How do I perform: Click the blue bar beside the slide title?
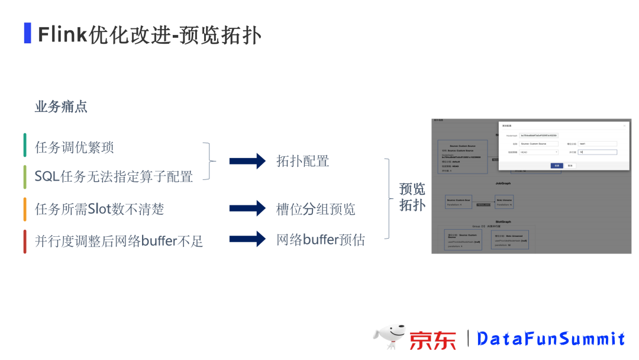[27, 33]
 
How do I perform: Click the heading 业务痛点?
[61, 107]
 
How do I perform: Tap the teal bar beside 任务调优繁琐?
[25, 146]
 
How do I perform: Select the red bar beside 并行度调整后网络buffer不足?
[25, 241]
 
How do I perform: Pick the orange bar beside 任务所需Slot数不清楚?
[25, 209]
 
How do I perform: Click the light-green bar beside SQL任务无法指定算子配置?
[25, 176]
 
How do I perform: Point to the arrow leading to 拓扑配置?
[247, 160]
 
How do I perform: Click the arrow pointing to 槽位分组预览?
[247, 208]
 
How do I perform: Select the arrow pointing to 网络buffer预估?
[247, 239]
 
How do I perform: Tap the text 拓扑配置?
[302, 161]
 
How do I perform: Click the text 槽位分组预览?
[315, 209]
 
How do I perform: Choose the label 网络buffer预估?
[320, 240]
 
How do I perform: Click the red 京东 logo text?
[433, 340]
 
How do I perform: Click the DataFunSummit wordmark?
[551, 339]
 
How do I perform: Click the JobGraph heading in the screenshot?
[503, 184]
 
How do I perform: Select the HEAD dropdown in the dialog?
[538, 152]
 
